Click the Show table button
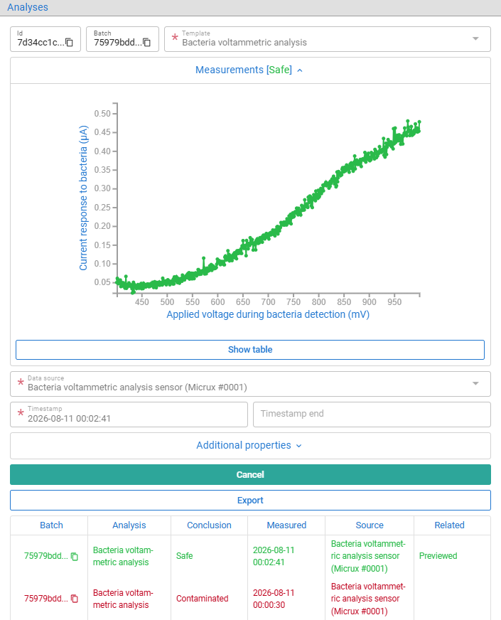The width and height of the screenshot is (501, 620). click(x=250, y=350)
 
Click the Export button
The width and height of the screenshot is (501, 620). click(x=250, y=500)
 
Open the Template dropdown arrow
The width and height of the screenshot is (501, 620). click(x=475, y=38)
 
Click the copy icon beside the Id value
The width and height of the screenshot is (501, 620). click(x=69, y=43)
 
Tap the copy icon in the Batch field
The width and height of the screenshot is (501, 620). click(x=146, y=43)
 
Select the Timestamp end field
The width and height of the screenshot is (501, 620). click(x=372, y=415)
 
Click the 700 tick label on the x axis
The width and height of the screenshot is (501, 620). click(x=269, y=302)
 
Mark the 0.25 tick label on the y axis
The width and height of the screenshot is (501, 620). click(x=102, y=207)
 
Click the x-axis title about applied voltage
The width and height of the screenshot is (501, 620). click(x=268, y=314)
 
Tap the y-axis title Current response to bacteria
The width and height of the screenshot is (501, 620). click(x=83, y=198)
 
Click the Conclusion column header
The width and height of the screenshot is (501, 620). click(x=209, y=525)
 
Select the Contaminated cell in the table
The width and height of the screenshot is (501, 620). click(x=203, y=599)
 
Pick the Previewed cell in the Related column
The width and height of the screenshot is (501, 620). click(x=438, y=556)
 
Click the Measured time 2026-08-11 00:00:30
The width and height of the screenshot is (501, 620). click(x=274, y=599)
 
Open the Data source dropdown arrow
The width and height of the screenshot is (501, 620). click(x=475, y=383)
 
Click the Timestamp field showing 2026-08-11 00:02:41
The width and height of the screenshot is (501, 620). click(x=129, y=415)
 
